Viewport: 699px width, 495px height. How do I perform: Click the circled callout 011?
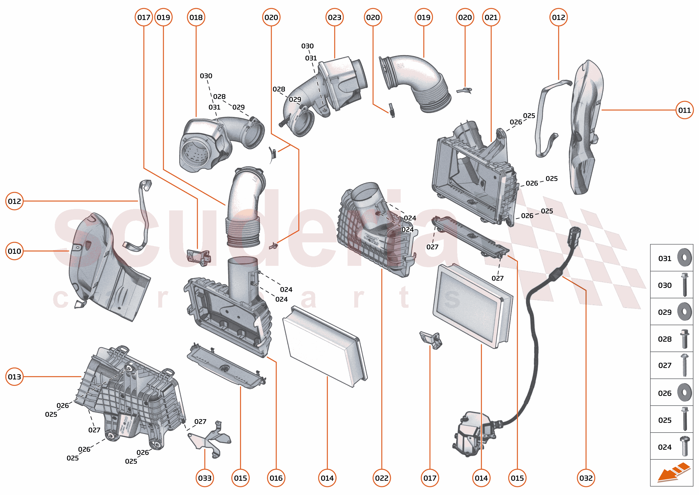(x=684, y=110)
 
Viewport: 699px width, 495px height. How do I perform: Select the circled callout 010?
(x=14, y=251)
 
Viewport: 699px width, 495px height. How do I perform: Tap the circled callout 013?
(x=14, y=377)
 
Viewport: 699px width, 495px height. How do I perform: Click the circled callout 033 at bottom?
(x=205, y=478)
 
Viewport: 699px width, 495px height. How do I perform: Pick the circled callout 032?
(x=586, y=478)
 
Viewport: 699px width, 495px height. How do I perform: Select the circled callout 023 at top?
(x=334, y=17)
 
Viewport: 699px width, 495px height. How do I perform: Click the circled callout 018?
(x=196, y=17)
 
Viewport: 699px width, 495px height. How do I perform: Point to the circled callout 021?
(x=491, y=17)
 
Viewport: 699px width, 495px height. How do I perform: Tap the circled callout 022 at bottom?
(x=382, y=478)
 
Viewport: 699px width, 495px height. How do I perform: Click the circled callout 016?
(x=276, y=478)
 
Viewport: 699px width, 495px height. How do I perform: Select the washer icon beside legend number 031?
(x=684, y=257)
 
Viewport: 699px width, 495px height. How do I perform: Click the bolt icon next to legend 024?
(x=684, y=446)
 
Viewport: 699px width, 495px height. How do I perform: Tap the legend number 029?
(x=665, y=312)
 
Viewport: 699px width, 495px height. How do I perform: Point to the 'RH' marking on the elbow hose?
(x=400, y=66)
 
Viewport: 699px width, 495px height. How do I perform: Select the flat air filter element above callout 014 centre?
(x=324, y=346)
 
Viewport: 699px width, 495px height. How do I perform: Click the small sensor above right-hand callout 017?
(x=431, y=340)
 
